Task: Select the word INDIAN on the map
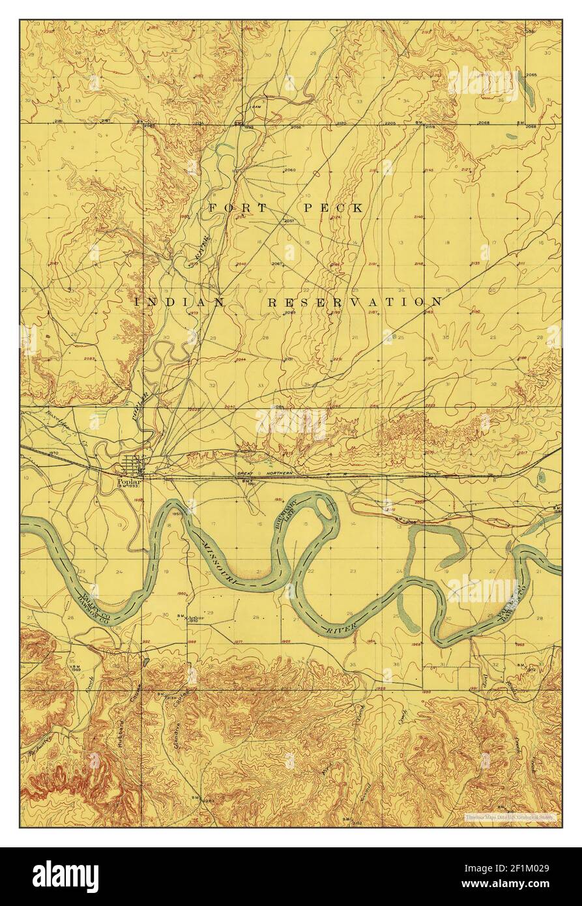179,302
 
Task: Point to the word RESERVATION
355,302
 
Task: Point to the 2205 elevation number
390,123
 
